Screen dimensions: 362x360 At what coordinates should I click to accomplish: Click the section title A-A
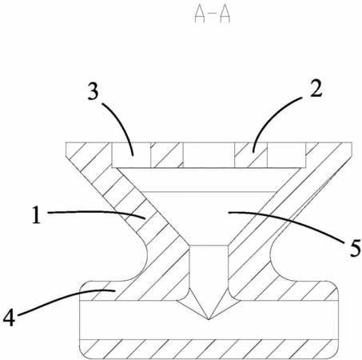pos(213,15)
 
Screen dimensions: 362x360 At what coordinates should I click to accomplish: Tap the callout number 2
pos(316,89)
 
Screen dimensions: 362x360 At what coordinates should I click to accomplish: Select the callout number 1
pos(37,215)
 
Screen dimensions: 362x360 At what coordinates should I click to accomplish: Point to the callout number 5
pos(355,248)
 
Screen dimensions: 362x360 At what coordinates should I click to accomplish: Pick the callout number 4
pos(9,318)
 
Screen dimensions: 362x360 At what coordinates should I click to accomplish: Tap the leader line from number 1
pos(97,212)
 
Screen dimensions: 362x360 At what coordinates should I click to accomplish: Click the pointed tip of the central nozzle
pos(209,319)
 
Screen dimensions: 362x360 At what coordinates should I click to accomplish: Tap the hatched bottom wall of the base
pos(209,350)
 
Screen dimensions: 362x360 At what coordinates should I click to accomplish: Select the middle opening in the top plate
pos(209,155)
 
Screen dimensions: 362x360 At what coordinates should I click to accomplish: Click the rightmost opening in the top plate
pos(287,155)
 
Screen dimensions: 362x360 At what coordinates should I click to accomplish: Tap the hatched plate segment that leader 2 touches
pos(251,155)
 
